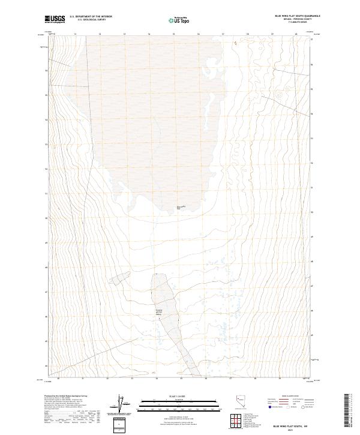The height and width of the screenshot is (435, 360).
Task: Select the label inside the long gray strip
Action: pos(158,311)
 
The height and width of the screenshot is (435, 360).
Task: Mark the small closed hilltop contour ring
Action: pos(279,95)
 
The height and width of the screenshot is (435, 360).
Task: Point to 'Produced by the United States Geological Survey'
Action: pos(64,397)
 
